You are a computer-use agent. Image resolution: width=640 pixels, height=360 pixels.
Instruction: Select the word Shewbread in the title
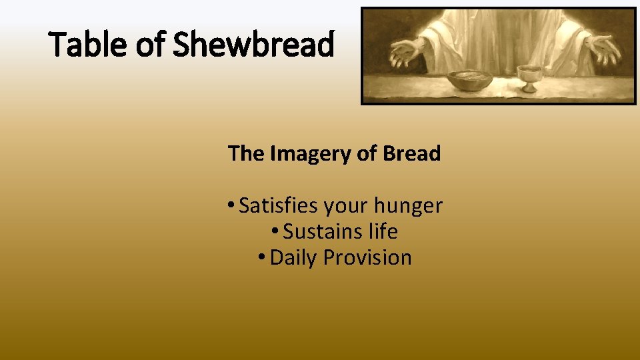click(254, 45)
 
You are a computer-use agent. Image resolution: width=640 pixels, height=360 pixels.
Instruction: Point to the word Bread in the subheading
click(411, 153)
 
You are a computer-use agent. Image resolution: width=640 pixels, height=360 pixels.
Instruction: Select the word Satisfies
click(279, 205)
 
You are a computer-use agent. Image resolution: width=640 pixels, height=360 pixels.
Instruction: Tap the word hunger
click(411, 206)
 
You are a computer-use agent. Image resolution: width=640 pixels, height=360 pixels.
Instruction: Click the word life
click(385, 231)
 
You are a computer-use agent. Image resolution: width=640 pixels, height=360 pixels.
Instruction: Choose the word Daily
click(294, 258)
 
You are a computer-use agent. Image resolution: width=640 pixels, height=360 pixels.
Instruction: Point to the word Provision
click(367, 257)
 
